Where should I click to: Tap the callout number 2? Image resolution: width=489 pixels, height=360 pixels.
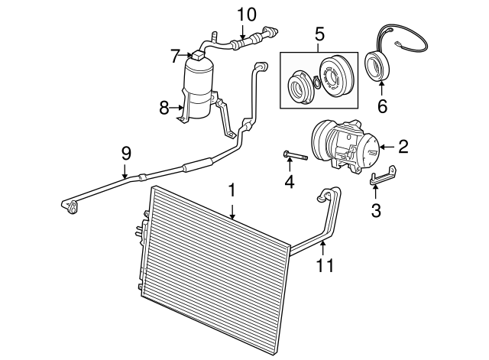coord(402,146)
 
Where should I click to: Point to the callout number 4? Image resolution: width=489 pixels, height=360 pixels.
coord(289,182)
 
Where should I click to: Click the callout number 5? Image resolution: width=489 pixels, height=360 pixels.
coord(319,33)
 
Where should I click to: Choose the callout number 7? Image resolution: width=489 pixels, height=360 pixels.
coord(174,56)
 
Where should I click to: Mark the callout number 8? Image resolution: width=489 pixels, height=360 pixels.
coord(164,108)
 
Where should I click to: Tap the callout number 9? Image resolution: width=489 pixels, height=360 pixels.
coord(126,153)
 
